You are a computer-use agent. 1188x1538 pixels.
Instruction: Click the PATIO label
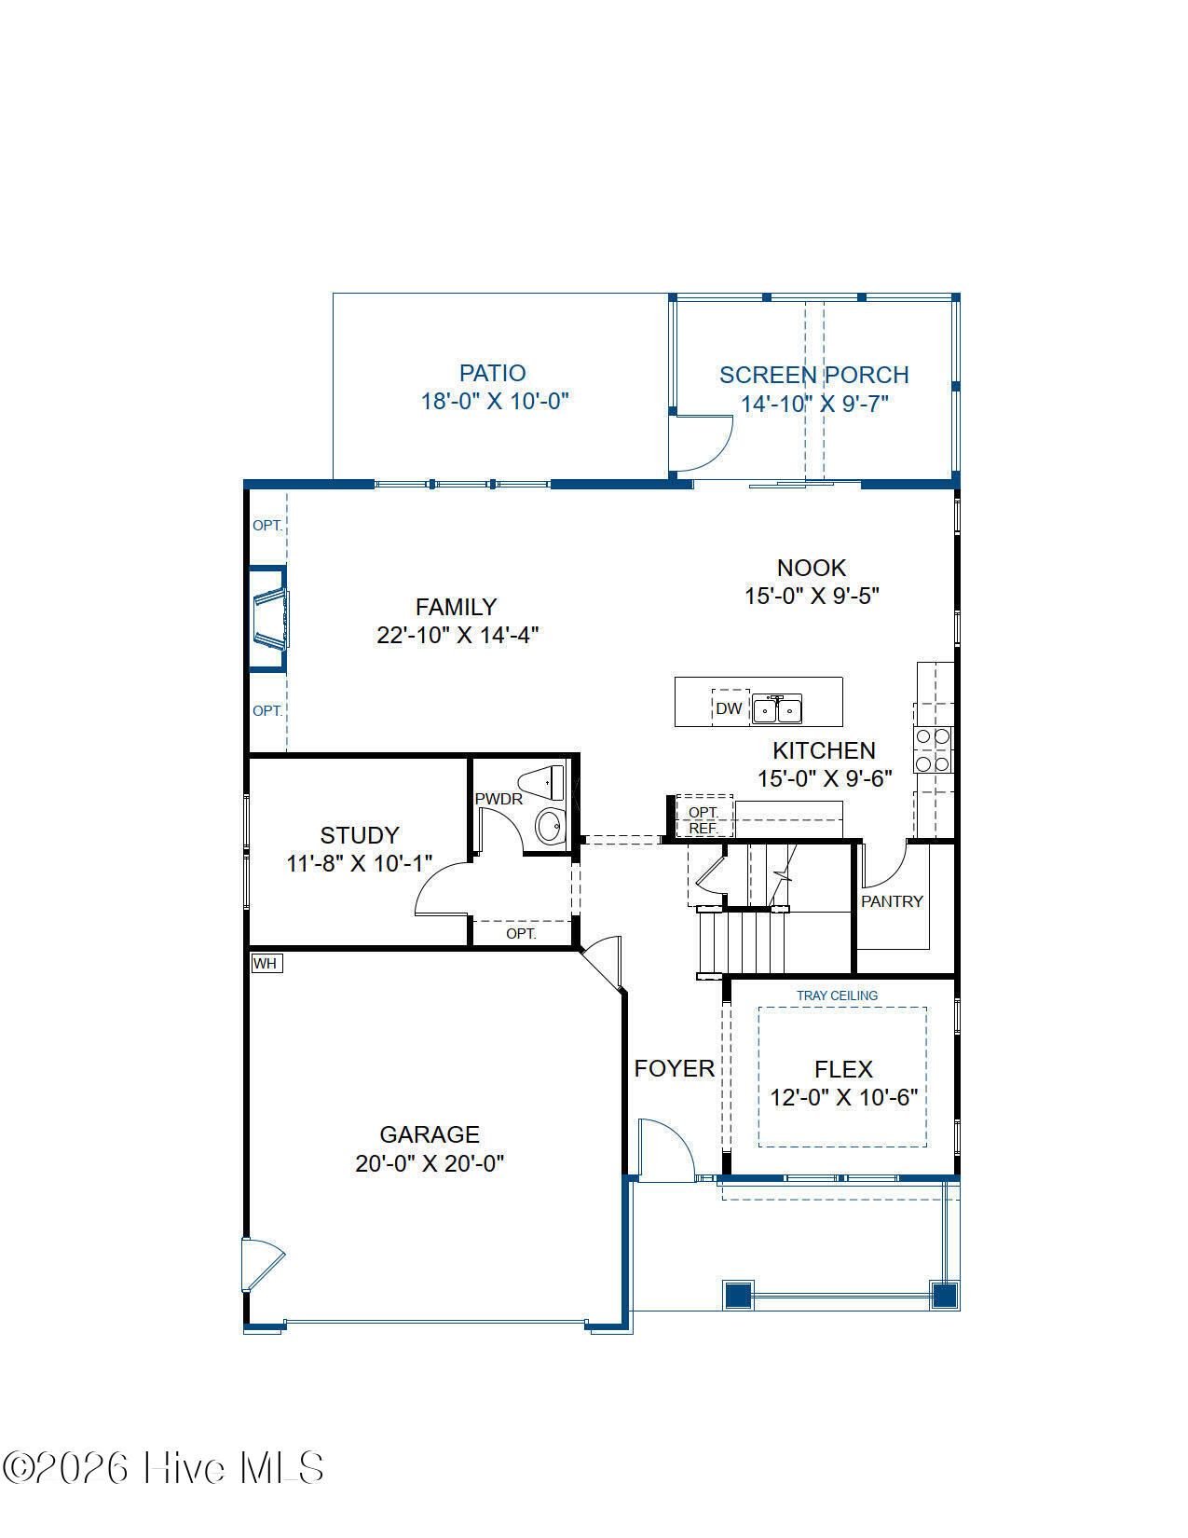coord(493,373)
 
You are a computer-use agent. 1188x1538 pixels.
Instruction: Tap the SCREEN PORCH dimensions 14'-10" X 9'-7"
coord(814,404)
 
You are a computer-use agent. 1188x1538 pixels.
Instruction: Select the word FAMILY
coord(456,607)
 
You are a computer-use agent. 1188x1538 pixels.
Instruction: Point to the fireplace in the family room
coord(268,618)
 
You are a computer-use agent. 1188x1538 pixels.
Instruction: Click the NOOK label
coord(812,567)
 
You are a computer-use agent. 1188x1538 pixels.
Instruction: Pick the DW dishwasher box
coord(730,707)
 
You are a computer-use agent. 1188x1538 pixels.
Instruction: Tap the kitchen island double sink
coord(776,708)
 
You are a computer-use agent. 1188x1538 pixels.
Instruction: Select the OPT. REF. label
coord(703,819)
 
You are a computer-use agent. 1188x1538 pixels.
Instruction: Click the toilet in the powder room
coord(542,783)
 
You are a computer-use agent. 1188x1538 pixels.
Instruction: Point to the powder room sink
coord(550,826)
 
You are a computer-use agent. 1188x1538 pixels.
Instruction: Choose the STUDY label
coord(360,835)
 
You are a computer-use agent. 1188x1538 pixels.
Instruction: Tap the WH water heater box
coord(266,963)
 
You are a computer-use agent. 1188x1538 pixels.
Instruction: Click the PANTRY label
coord(892,901)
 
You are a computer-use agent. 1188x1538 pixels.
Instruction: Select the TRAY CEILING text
coord(837,996)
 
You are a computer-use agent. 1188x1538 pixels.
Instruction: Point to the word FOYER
coord(674,1068)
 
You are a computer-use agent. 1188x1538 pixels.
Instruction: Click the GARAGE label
coord(430,1134)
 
